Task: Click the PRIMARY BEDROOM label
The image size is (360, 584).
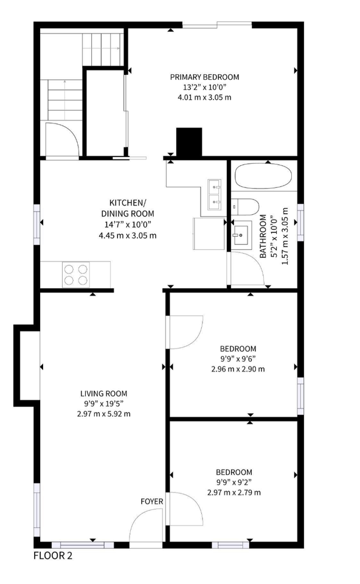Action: tap(204, 77)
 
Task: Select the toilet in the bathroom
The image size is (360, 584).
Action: tap(247, 206)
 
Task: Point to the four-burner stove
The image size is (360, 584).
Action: tap(76, 274)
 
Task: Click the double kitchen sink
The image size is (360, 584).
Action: tap(215, 193)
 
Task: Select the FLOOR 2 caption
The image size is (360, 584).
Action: tap(53, 555)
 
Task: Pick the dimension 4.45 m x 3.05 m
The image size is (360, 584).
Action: tap(127, 235)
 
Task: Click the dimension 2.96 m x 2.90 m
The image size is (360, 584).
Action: tap(238, 369)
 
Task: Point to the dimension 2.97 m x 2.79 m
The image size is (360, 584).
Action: tap(234, 492)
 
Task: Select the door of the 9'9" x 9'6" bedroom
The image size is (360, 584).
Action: tap(185, 332)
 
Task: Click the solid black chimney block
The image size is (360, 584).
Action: tap(189, 142)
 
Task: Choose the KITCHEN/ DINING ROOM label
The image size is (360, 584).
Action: tap(127, 208)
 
